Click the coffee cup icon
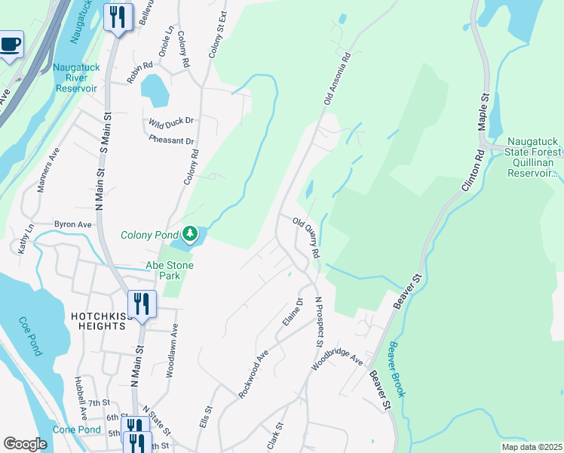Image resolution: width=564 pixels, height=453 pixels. coord(10,44)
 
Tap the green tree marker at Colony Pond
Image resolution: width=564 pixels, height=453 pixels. coord(192,233)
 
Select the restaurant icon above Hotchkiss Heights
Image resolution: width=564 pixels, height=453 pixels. coord(142,304)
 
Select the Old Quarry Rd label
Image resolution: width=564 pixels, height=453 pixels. coord(307,238)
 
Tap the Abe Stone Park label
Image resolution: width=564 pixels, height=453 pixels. coord(169,265)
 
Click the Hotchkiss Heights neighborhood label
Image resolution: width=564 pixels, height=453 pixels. coord(97,321)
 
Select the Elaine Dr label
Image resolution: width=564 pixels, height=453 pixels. coord(293,312)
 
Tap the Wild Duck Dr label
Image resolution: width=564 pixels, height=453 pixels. coord(170,121)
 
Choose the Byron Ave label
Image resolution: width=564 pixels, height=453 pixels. coord(72,224)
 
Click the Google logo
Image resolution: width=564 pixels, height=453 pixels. coord(25,444)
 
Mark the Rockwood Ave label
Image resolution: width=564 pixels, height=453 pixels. coord(253,375)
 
